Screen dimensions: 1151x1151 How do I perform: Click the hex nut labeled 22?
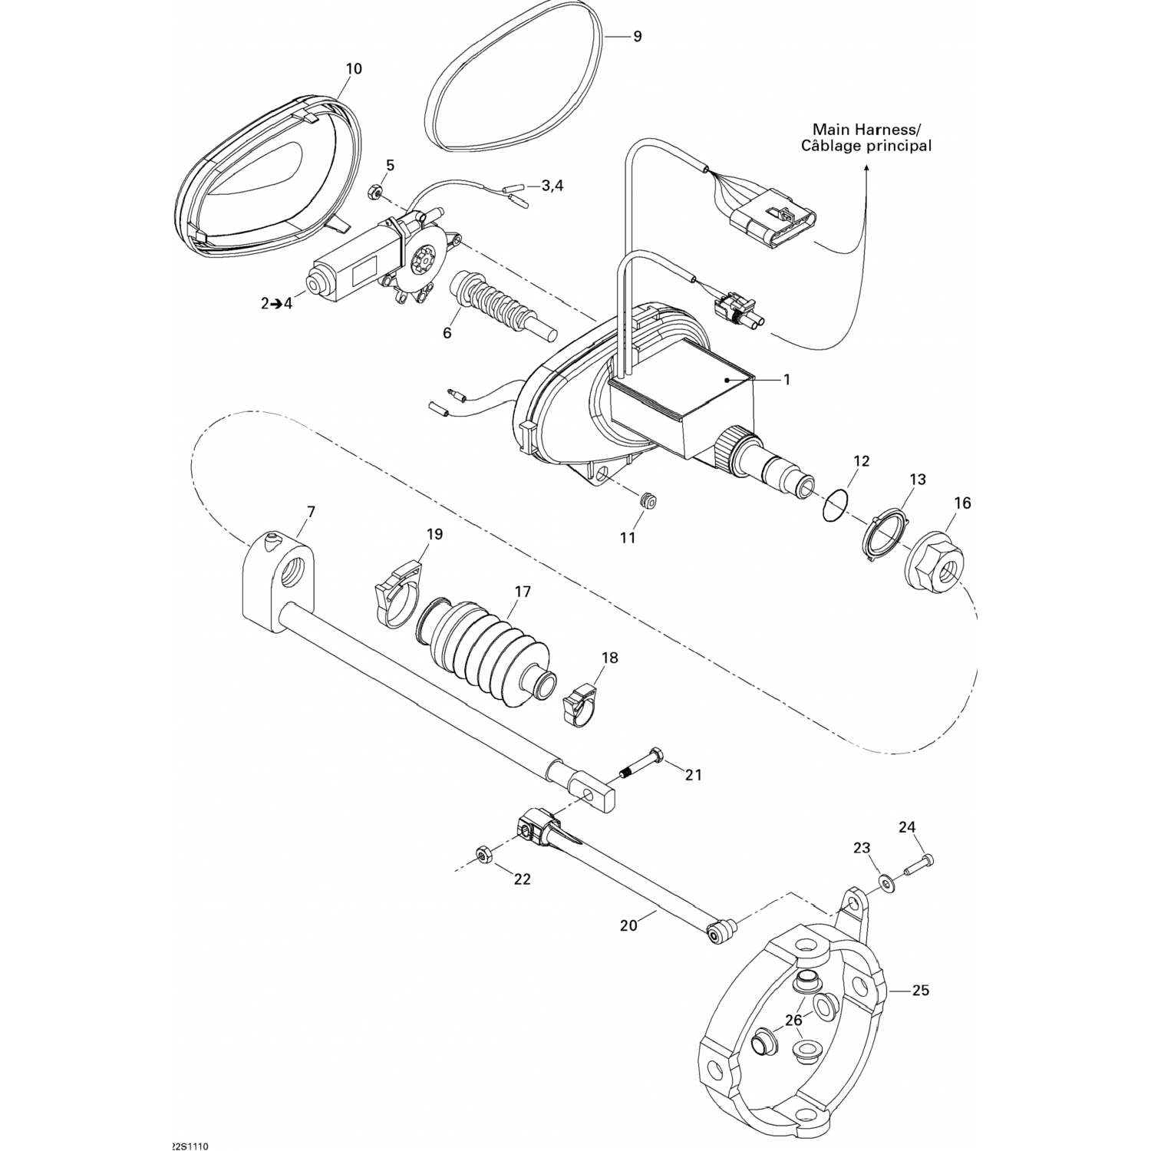pyautogui.click(x=483, y=855)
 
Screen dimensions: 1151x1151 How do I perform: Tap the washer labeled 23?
pyautogui.click(x=887, y=885)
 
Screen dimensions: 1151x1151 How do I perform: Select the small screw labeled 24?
pyautogui.click(x=917, y=866)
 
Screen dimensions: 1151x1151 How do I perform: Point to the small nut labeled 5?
pyautogui.click(x=376, y=193)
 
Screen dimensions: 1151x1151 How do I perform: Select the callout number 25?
pyautogui.click(x=921, y=991)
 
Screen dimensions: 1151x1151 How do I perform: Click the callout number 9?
pyautogui.click(x=637, y=36)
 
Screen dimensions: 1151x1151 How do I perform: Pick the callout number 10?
pyautogui.click(x=353, y=68)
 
